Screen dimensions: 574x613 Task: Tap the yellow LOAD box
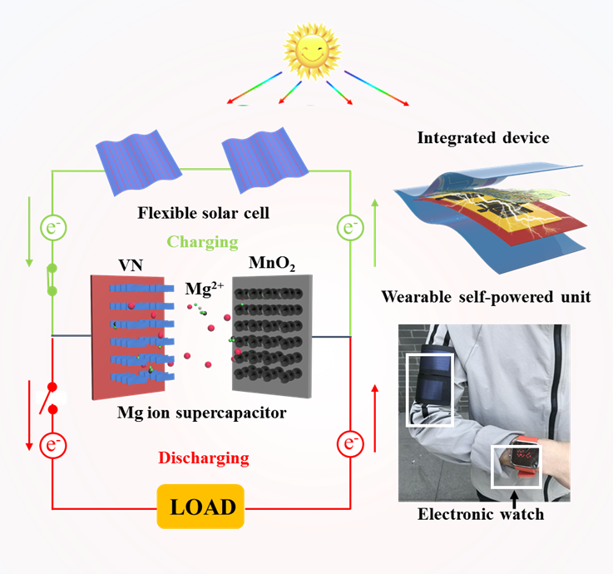coord(202,506)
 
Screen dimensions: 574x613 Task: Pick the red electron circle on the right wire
coord(349,441)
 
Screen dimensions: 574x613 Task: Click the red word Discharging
coord(204,458)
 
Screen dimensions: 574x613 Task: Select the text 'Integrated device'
coord(483,138)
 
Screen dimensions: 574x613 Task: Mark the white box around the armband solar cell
coord(428,389)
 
